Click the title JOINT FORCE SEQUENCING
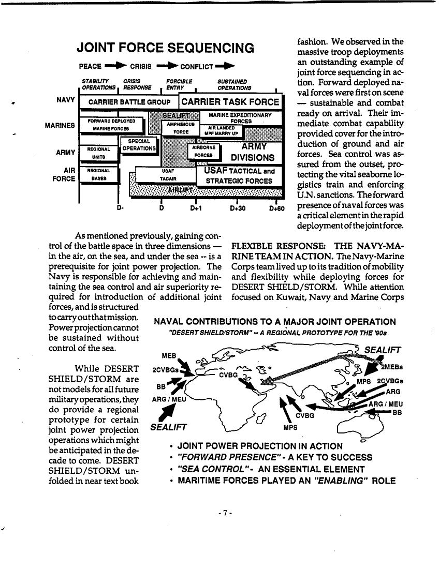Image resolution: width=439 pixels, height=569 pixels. pyautogui.click(x=165, y=49)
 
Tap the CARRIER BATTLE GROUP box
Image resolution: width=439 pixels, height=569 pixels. pyautogui.click(x=129, y=102)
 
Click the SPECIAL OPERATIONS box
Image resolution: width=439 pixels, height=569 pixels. pyautogui.click(x=138, y=145)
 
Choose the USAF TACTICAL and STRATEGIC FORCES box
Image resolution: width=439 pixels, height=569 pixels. pyautogui.click(x=239, y=176)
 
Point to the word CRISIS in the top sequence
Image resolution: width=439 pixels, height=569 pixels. pyautogui.click(x=140, y=67)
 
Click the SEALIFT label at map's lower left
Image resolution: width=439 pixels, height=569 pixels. pyautogui.click(x=168, y=427)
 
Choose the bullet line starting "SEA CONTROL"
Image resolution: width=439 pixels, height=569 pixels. pyautogui.click(x=271, y=469)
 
